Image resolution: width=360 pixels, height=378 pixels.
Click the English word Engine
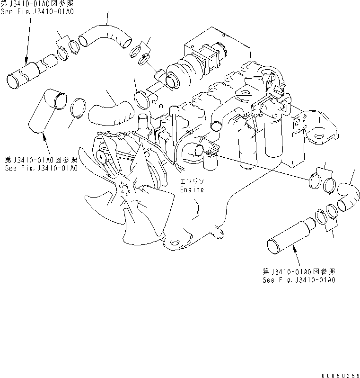point(192,189)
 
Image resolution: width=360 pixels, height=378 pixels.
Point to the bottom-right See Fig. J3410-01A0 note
point(299,279)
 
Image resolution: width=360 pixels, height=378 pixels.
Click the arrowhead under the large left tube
point(44,136)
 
